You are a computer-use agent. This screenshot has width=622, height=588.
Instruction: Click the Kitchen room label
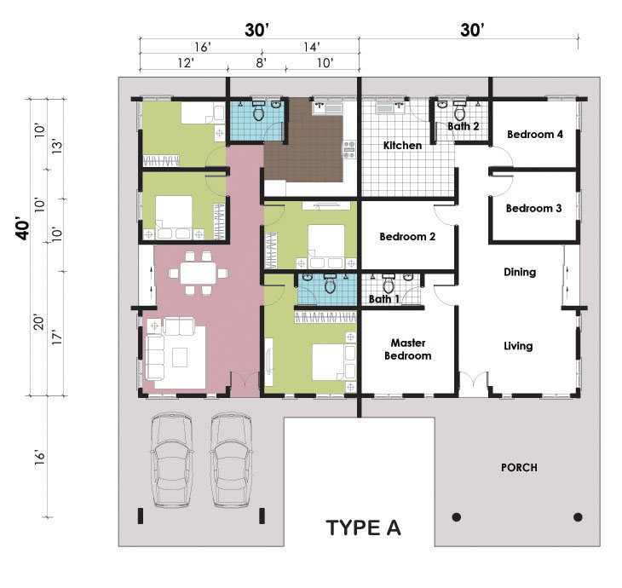click(402, 146)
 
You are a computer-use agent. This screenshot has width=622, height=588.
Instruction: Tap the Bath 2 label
click(463, 126)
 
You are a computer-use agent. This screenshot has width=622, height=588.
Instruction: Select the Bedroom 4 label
click(535, 135)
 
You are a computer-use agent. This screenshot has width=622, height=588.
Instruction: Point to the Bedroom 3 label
click(533, 208)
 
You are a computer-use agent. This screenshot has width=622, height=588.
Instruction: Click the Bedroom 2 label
click(407, 237)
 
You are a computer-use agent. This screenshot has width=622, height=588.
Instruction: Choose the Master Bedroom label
click(408, 349)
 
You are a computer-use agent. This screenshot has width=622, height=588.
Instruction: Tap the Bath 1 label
click(384, 299)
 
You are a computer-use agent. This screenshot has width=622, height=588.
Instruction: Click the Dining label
click(520, 272)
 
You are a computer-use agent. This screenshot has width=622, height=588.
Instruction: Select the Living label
click(518, 346)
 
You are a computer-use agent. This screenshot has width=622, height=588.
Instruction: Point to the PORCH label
click(519, 468)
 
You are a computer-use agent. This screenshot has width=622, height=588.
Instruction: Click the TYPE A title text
click(363, 528)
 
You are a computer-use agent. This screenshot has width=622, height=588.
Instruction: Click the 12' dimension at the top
click(185, 63)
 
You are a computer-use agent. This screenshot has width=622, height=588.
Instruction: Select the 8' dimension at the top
click(261, 63)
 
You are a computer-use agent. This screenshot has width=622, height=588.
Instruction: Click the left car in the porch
click(172, 460)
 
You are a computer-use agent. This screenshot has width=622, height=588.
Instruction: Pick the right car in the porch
click(231, 460)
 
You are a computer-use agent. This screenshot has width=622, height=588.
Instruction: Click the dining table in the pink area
click(198, 273)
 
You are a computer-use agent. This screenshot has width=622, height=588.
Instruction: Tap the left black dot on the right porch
click(457, 517)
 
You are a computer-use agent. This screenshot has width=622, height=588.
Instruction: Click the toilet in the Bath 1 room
click(389, 285)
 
